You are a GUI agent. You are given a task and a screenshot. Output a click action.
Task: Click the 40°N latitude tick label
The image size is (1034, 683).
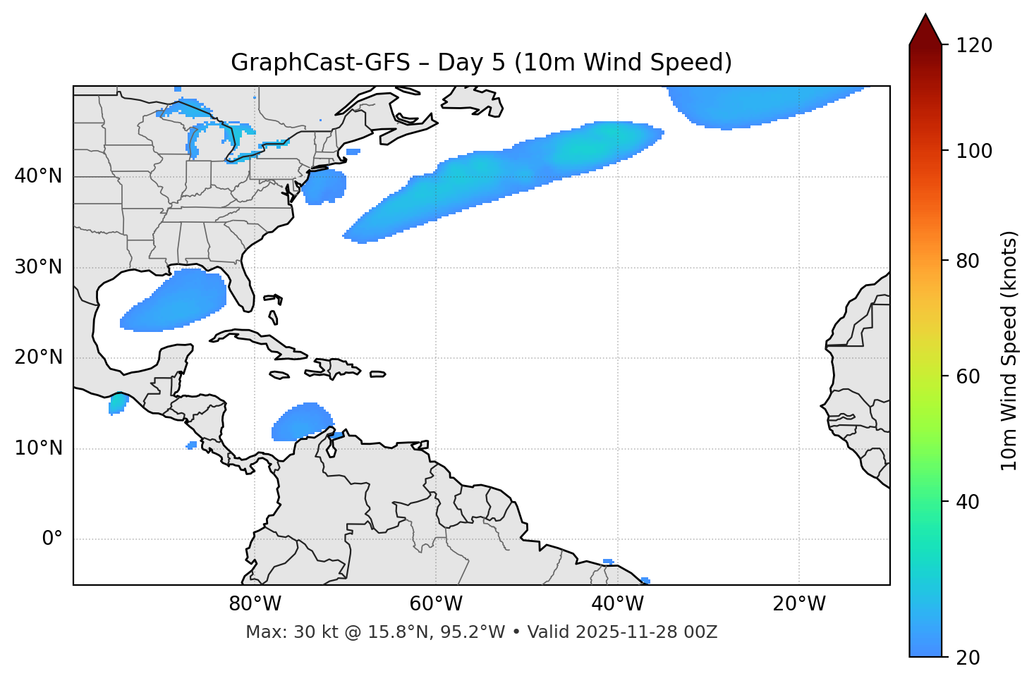(38, 176)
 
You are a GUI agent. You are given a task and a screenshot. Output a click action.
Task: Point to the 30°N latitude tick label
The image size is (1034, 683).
(38, 267)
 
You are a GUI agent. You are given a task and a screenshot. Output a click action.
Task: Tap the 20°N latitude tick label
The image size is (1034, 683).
(38, 357)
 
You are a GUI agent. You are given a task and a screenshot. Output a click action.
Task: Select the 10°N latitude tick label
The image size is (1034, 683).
(38, 448)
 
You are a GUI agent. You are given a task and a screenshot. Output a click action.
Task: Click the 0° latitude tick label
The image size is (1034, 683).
(51, 539)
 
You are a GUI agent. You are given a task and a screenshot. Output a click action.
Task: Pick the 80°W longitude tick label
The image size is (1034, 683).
(255, 604)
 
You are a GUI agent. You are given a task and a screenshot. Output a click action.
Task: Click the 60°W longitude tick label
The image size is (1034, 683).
(436, 604)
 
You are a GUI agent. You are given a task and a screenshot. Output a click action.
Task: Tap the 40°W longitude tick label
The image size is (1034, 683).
(617, 604)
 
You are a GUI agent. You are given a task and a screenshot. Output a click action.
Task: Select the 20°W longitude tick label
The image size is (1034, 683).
(798, 604)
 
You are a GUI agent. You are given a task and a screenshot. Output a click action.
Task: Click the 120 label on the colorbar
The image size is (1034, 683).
(974, 46)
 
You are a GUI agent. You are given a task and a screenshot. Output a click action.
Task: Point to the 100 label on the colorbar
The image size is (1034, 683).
(974, 151)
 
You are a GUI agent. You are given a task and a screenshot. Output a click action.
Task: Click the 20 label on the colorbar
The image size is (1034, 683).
(968, 658)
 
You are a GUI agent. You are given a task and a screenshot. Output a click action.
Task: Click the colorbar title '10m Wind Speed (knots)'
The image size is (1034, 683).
(1009, 350)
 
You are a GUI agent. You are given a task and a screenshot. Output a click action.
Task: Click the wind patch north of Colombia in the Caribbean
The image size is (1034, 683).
(301, 423)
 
